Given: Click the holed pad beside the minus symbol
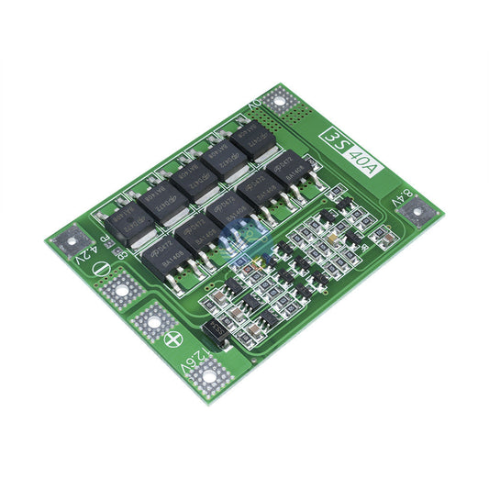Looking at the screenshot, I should [x=119, y=293].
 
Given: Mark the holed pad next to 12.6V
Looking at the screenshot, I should [x=209, y=374].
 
